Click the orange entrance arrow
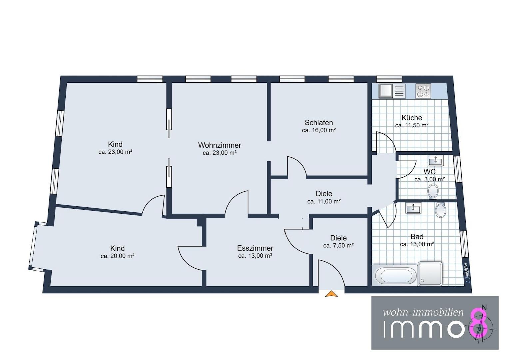click(331, 294)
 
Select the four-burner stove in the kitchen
click(423, 91)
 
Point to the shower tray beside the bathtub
click(430, 274)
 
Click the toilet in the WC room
click(433, 191)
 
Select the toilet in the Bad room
click(440, 210)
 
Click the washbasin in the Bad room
click(413, 208)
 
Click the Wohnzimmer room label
click(219, 145)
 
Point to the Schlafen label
click(318, 123)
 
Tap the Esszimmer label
click(255, 248)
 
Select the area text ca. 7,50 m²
click(338, 246)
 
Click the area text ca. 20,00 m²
click(118, 256)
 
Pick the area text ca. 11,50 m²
click(412, 125)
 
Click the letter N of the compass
click(484, 307)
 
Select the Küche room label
click(412, 118)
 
